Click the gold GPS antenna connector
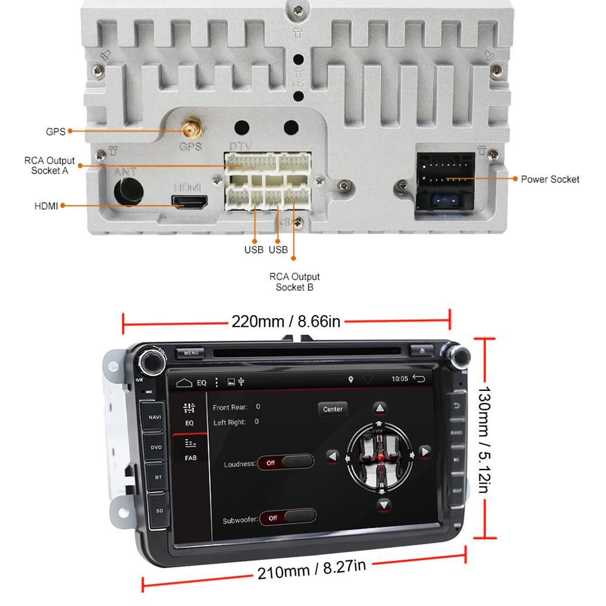(x=190, y=128)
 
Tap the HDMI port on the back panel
(x=190, y=202)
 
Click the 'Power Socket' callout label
(x=550, y=179)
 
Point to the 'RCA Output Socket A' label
(x=50, y=165)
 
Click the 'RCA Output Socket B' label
(x=295, y=282)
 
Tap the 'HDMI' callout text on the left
(x=46, y=206)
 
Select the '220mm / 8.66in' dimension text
(x=286, y=321)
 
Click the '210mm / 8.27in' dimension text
(x=311, y=570)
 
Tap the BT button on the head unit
(x=158, y=478)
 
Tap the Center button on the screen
(x=333, y=409)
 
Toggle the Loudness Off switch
(x=285, y=462)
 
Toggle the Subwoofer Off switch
(x=287, y=518)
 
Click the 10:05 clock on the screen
(x=399, y=379)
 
